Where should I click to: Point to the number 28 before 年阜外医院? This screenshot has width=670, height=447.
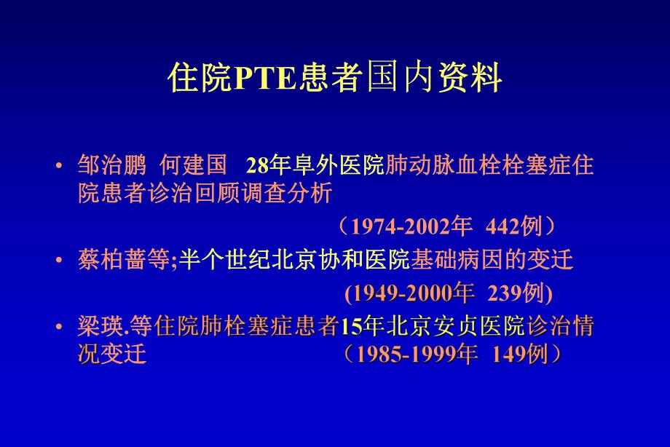pos(258,166)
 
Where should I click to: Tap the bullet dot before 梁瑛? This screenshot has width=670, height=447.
pos(59,328)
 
